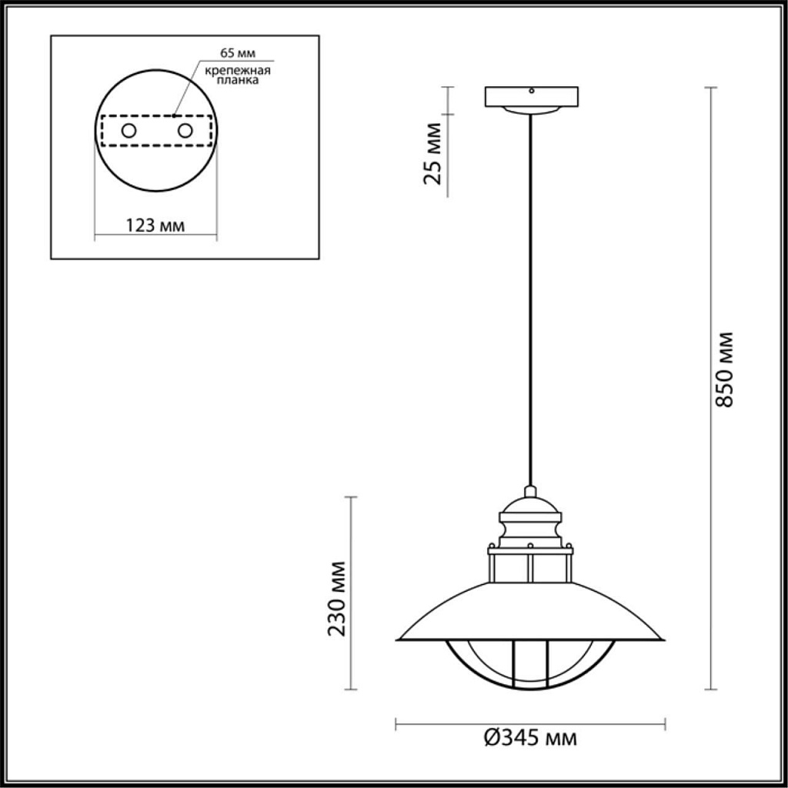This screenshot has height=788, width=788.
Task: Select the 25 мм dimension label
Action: pos(433,153)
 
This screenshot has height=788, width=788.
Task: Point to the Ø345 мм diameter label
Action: pos(531,739)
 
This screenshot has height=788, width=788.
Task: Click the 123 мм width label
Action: pos(155,225)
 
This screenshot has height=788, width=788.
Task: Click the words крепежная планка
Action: pos(237,75)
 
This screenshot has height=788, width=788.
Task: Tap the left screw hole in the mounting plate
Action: pos(129,131)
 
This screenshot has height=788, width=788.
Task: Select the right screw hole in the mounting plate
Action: pos(185,131)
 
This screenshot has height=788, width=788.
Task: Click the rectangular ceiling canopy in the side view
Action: pos(531,97)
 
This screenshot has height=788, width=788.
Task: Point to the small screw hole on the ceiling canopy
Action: pos(531,91)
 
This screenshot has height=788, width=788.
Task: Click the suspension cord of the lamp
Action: pos(530,308)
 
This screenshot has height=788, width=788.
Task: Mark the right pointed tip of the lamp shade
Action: pos(662,639)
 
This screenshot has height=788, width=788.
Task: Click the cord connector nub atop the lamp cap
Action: pos(530,490)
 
